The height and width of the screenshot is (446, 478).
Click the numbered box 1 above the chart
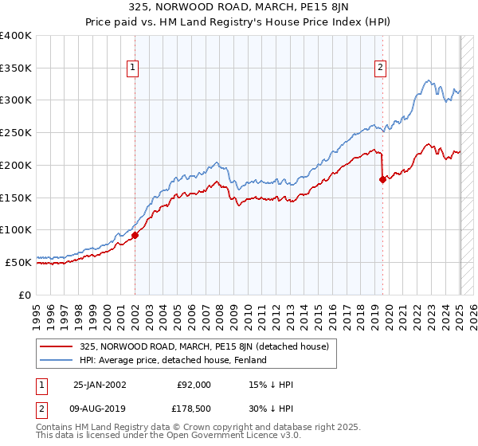(133, 68)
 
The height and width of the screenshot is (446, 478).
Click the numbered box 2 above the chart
(381, 68)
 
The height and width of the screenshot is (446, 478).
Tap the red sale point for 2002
(135, 235)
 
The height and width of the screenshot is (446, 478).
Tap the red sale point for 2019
(382, 179)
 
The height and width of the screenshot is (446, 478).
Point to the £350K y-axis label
(17, 68)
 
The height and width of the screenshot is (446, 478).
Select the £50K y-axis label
(19, 261)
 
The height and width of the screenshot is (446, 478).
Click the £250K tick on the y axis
(17, 132)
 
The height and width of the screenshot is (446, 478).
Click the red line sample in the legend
(57, 346)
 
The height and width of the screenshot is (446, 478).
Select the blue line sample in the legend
(57, 360)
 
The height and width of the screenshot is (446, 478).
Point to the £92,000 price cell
(194, 385)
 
